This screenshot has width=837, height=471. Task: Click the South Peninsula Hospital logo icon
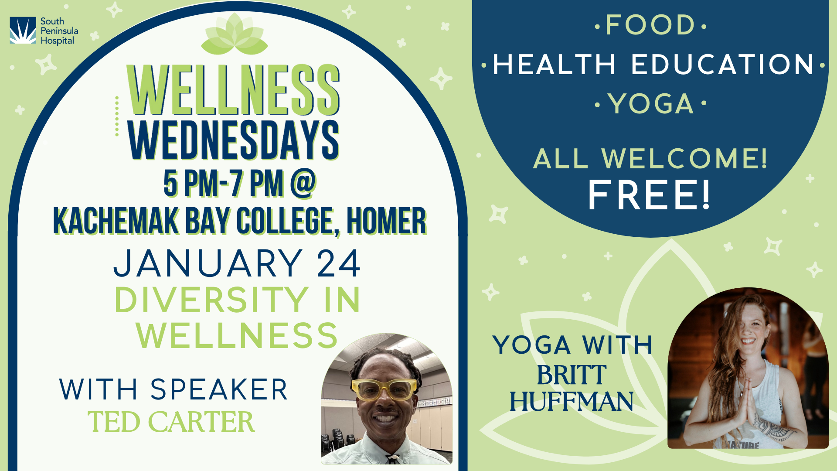pyautogui.click(x=23, y=31)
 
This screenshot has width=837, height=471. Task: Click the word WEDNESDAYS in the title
pyautogui.click(x=234, y=140)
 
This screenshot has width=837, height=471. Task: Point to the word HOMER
pyautogui.click(x=386, y=221)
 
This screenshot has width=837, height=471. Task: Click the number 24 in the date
pyautogui.click(x=338, y=263)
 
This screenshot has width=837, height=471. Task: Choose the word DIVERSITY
pyautogui.click(x=212, y=300)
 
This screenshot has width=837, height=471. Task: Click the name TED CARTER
pyautogui.click(x=171, y=422)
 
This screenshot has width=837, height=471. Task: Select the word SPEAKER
pyautogui.click(x=219, y=389)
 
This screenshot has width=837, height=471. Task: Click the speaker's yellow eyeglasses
pyautogui.click(x=384, y=389)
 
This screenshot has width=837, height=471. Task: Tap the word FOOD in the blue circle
pyautogui.click(x=650, y=25)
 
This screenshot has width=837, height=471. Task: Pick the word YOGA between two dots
pyautogui.click(x=651, y=104)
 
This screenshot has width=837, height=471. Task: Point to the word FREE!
pyautogui.click(x=650, y=195)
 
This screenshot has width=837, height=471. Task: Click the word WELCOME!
pyautogui.click(x=684, y=158)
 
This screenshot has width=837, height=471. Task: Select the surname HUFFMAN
pyautogui.click(x=572, y=401)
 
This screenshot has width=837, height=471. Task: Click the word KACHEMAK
pyautogui.click(x=116, y=221)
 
